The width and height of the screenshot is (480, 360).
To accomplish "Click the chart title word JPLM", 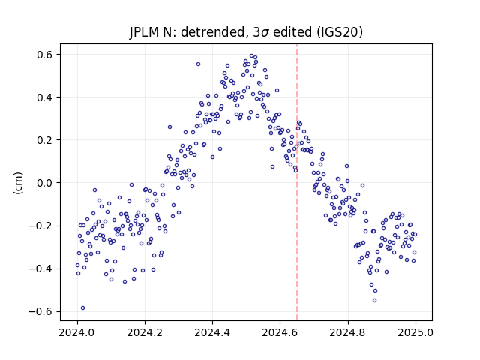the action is click(x=142, y=32).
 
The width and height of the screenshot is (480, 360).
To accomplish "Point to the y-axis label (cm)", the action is click(x=18, y=183).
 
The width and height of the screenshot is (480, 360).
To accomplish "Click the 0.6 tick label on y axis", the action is click(x=44, y=55).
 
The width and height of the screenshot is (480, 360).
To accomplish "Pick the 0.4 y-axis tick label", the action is click(x=44, y=97).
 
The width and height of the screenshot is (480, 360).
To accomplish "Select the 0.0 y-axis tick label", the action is click(x=44, y=183).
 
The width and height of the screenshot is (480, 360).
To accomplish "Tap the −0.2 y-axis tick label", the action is click(x=40, y=226).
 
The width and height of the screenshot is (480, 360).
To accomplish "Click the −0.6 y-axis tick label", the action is click(x=40, y=312).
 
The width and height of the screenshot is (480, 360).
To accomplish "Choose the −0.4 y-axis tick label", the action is click(x=40, y=268).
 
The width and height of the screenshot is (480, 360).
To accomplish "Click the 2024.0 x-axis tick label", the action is click(x=77, y=332).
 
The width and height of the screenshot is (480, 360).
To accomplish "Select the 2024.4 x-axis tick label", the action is click(x=212, y=332).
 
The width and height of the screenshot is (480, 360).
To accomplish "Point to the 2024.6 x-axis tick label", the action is click(x=280, y=332).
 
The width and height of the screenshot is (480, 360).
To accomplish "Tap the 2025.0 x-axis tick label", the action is click(x=415, y=332).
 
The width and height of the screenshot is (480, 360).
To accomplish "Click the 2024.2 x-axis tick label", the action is click(x=145, y=332).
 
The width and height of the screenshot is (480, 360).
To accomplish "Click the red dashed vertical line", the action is click(x=297, y=182).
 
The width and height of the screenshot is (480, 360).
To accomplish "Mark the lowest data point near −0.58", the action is click(x=82, y=308).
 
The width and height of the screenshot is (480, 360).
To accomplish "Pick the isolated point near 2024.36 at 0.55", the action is click(x=198, y=64).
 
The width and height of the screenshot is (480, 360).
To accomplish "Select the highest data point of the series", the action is click(x=252, y=56).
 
